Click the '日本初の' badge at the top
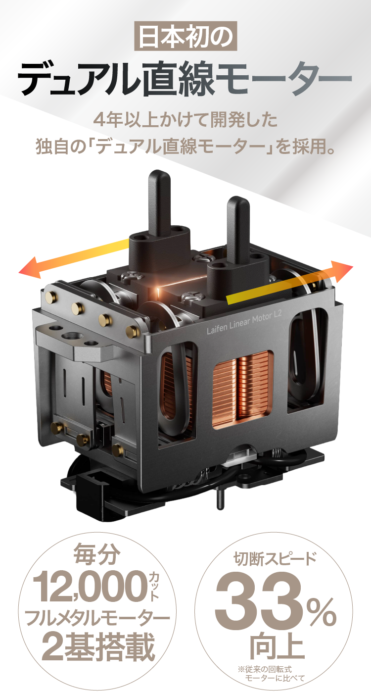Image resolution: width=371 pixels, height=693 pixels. (x=185, y=36)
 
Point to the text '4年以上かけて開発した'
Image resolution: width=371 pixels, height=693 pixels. (x=185, y=120)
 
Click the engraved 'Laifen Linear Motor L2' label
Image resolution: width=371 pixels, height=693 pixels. (x=244, y=323)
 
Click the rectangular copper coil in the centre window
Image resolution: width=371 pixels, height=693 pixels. (x=243, y=390)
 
